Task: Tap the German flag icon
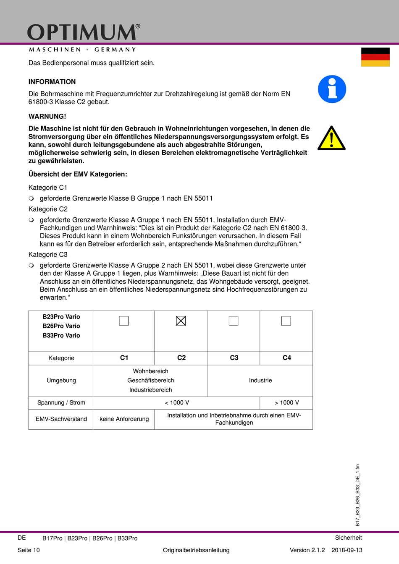click(x=375, y=57)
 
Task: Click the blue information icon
click(x=332, y=89)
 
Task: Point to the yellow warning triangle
click(x=331, y=138)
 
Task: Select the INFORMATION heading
click(x=52, y=82)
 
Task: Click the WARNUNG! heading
click(x=47, y=116)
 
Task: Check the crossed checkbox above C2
click(x=181, y=321)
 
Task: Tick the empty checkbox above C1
click(x=123, y=321)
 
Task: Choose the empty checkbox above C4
click(x=286, y=321)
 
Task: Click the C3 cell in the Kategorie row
click(x=234, y=358)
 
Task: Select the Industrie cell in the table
click(x=260, y=381)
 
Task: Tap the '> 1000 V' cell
click(x=286, y=403)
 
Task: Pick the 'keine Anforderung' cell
click(x=124, y=419)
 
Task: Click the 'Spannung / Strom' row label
click(x=61, y=403)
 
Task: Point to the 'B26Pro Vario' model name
click(x=61, y=326)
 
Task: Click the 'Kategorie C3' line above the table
click(x=48, y=255)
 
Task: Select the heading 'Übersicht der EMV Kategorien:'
click(x=78, y=174)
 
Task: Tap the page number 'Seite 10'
click(x=29, y=550)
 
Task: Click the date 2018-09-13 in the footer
click(x=347, y=550)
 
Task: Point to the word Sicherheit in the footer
click(x=348, y=538)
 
